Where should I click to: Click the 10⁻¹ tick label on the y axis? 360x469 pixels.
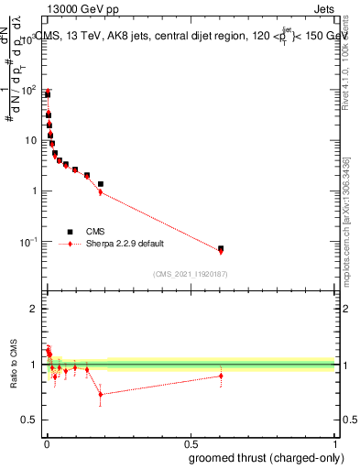(x=27, y=242)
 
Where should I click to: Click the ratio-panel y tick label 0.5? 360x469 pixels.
(x=29, y=420)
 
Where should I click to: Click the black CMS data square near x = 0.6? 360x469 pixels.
(x=221, y=248)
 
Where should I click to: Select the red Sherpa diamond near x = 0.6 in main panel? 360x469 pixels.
(x=221, y=252)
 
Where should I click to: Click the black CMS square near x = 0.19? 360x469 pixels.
(x=101, y=184)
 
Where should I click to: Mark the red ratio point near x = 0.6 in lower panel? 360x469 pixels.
(x=221, y=376)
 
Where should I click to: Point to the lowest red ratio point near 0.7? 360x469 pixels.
(x=101, y=395)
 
